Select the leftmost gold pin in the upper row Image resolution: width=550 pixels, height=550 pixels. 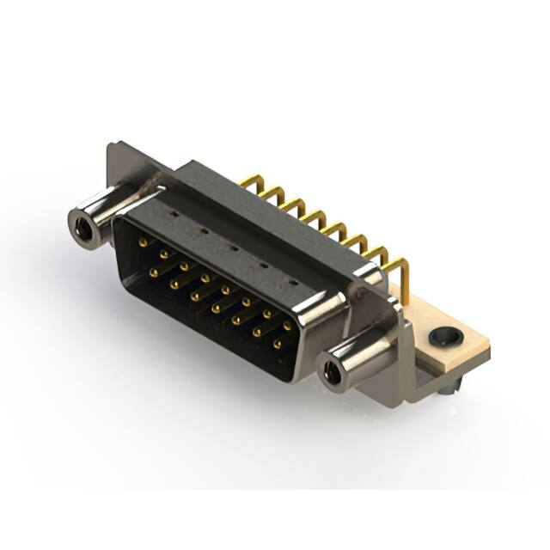(x=143, y=243)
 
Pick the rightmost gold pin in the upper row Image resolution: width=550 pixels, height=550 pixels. (x=288, y=327)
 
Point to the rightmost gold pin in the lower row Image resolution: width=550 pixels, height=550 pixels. (x=277, y=344)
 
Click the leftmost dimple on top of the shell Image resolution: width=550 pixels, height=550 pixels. (x=174, y=210)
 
